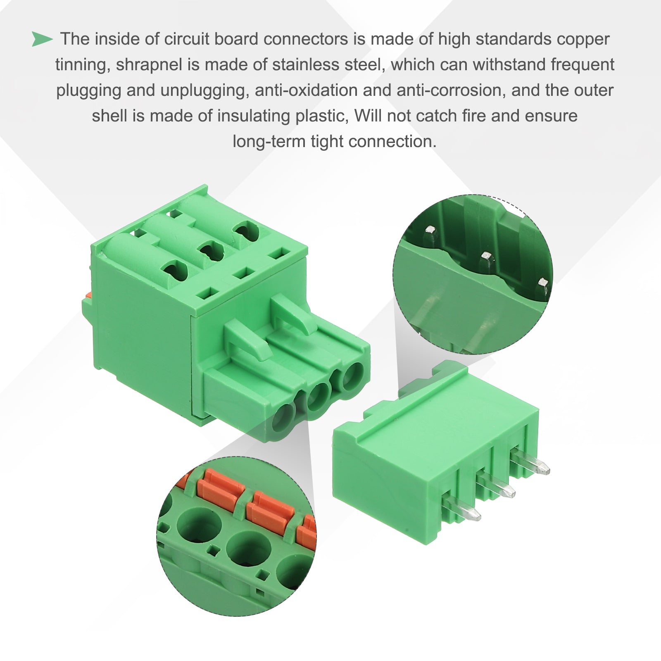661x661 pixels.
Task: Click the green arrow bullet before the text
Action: pos(42,39)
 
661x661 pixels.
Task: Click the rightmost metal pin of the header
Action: pos(530,464)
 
